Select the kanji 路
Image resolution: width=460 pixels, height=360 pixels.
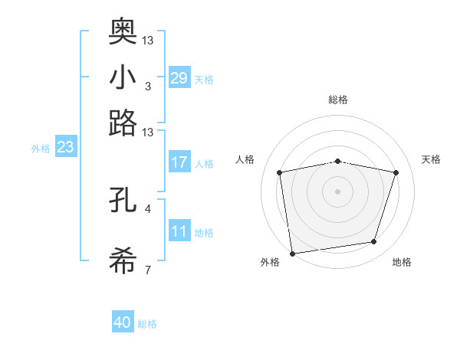123,123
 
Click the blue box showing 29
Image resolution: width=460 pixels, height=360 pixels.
179,77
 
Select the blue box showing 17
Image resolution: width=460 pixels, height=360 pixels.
179,162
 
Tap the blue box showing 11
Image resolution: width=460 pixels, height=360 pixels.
179,231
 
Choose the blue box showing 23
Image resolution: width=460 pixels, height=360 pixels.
65,147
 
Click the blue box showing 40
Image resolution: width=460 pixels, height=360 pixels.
123,323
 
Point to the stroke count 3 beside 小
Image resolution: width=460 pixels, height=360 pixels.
147,86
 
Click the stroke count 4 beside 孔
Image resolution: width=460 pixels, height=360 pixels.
147,208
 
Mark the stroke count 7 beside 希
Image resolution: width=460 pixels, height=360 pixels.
147,270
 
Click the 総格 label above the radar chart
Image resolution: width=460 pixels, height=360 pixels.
338,100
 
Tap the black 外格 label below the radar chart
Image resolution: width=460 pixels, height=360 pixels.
270,263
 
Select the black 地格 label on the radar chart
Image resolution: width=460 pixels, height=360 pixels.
402,263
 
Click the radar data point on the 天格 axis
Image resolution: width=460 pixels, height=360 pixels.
396,172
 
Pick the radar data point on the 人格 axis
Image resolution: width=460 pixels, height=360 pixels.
280,172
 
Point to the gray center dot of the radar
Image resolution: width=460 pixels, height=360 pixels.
338,191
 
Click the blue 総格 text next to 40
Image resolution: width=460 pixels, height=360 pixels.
147,324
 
